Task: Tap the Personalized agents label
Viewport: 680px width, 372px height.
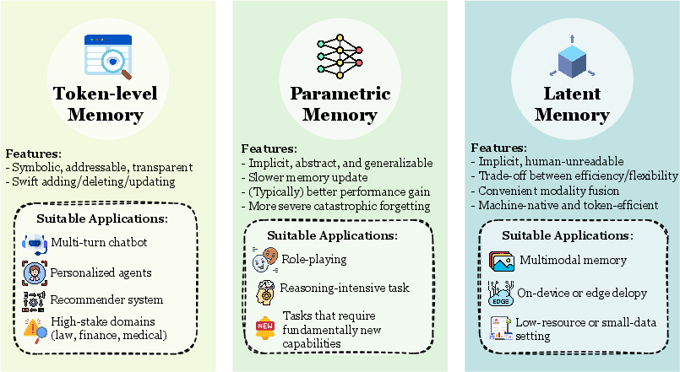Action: (x=101, y=272)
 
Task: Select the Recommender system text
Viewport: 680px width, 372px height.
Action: (x=106, y=299)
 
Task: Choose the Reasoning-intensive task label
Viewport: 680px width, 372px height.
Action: (x=345, y=288)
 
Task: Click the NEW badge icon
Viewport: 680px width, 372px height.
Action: (x=265, y=325)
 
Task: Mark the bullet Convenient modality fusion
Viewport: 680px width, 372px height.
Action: (x=549, y=190)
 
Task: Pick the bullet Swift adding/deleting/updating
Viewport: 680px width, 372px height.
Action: (x=90, y=181)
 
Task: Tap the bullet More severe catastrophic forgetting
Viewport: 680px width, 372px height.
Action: (x=335, y=206)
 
